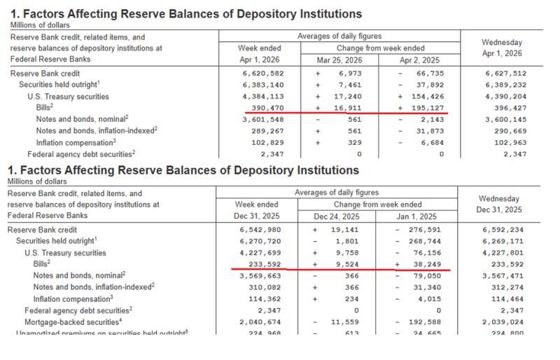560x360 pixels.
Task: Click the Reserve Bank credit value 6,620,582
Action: [x=264, y=74]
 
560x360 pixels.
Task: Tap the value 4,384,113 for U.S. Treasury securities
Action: [x=264, y=96]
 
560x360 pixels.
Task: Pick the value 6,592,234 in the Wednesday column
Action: [x=503, y=230]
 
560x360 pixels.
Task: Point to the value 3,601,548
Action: [x=264, y=119]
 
